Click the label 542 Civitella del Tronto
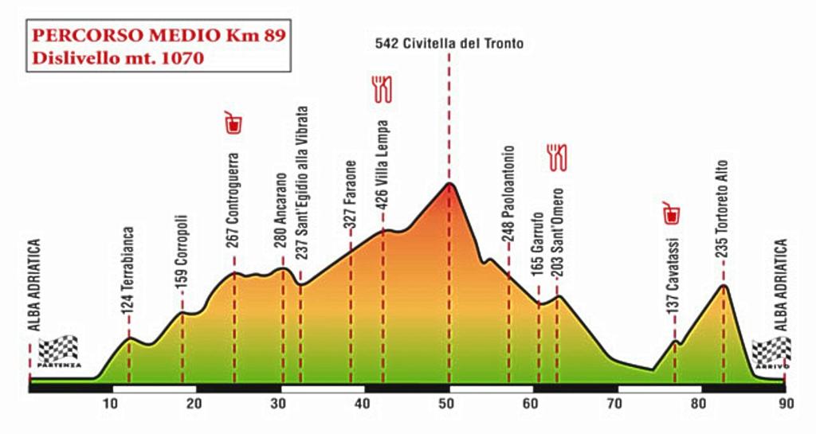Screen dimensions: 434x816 click(449, 44)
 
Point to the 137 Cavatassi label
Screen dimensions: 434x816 click(674, 275)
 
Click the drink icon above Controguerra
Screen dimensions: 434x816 click(233, 123)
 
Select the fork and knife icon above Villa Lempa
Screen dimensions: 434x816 click(382, 88)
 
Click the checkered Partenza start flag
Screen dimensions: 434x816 click(59, 350)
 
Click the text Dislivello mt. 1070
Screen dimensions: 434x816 click(118, 57)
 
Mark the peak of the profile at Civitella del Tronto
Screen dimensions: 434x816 click(450, 184)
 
